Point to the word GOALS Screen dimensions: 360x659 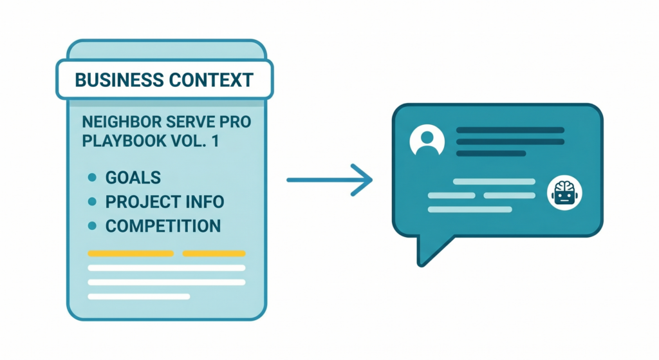click(x=133, y=178)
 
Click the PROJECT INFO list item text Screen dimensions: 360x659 click(x=165, y=202)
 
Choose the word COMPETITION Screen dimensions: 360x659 click(x=163, y=226)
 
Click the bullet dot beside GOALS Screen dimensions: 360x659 click(x=92, y=178)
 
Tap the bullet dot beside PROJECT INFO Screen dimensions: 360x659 click(x=92, y=202)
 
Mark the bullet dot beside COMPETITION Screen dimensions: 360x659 click(x=92, y=226)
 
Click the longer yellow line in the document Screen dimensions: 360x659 click(x=130, y=254)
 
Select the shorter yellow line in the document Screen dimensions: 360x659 click(x=214, y=254)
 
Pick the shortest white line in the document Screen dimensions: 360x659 click(x=138, y=296)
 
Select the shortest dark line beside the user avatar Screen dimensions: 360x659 click(x=491, y=153)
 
